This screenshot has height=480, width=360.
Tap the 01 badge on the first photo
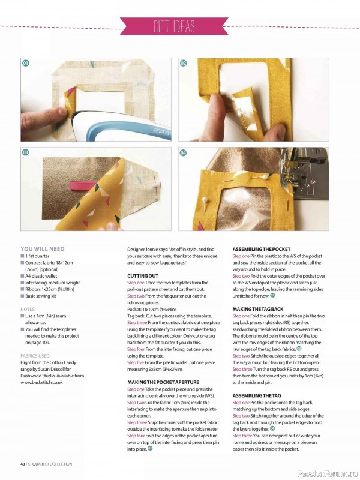26,63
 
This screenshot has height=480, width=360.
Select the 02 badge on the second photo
184,63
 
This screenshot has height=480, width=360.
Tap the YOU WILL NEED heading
42,248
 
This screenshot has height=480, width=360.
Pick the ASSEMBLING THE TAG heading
256,395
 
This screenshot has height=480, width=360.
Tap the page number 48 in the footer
22,464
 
